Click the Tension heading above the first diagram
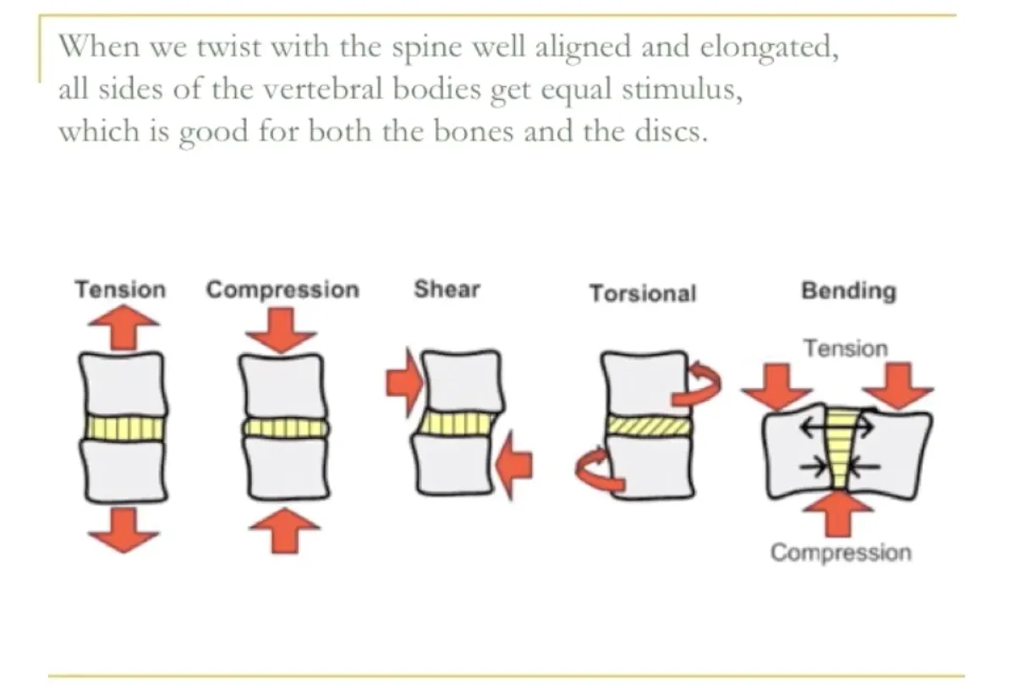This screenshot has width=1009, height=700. [x=120, y=290]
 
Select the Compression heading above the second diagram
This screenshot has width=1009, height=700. [x=282, y=290]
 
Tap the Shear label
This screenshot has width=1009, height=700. [x=446, y=290]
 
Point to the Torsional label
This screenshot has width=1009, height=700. [x=643, y=293]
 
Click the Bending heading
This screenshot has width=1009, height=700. [x=847, y=292]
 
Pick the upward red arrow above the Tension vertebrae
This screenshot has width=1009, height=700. [x=123, y=326]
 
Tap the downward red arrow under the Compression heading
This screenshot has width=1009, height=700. [x=282, y=329]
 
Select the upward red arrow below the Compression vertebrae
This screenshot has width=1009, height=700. [x=284, y=530]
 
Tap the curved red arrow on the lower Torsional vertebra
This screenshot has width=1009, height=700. [x=596, y=470]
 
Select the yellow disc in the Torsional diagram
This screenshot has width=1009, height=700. [x=648, y=425]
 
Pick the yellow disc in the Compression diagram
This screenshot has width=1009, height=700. [x=284, y=428]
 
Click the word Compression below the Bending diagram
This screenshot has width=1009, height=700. [x=841, y=553]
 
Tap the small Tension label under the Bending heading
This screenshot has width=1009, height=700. [x=845, y=348]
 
